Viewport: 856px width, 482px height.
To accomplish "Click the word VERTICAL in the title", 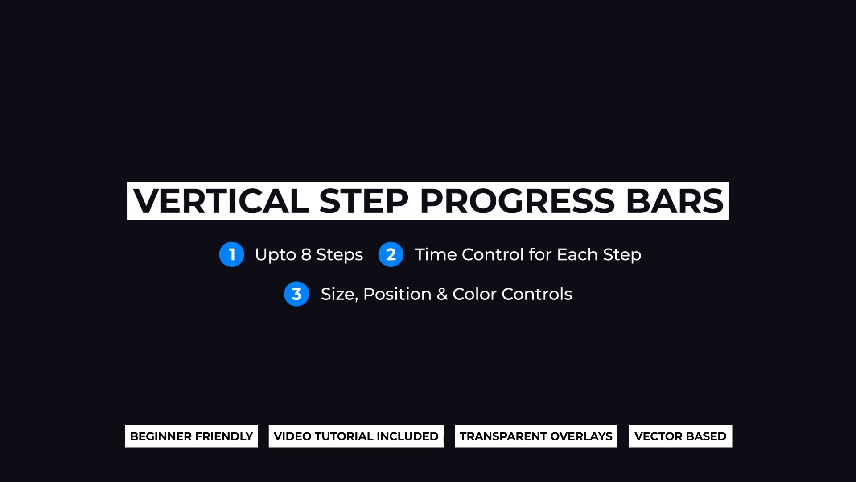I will coord(221,201).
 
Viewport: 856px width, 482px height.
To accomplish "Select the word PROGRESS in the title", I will coord(517,201).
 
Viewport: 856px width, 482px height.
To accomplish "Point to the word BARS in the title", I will coord(675,201).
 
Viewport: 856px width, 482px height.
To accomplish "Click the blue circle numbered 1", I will coord(232,254).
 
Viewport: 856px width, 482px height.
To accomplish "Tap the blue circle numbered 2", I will coord(391,254).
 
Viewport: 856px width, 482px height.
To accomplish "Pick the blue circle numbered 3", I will coord(296,294).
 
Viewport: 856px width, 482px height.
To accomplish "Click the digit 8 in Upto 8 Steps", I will coord(306,255).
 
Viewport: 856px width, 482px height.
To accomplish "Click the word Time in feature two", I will coord(436,254).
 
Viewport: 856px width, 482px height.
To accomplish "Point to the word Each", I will coord(577,254).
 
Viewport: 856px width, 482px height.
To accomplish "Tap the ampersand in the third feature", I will coord(442,294).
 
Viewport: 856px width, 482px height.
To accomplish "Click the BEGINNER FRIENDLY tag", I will coord(191,436).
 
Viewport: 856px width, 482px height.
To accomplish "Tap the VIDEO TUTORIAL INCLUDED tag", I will coord(356,436).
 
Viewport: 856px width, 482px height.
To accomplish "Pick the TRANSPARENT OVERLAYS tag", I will coord(536,436).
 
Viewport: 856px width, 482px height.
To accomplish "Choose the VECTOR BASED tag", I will coord(680,436).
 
